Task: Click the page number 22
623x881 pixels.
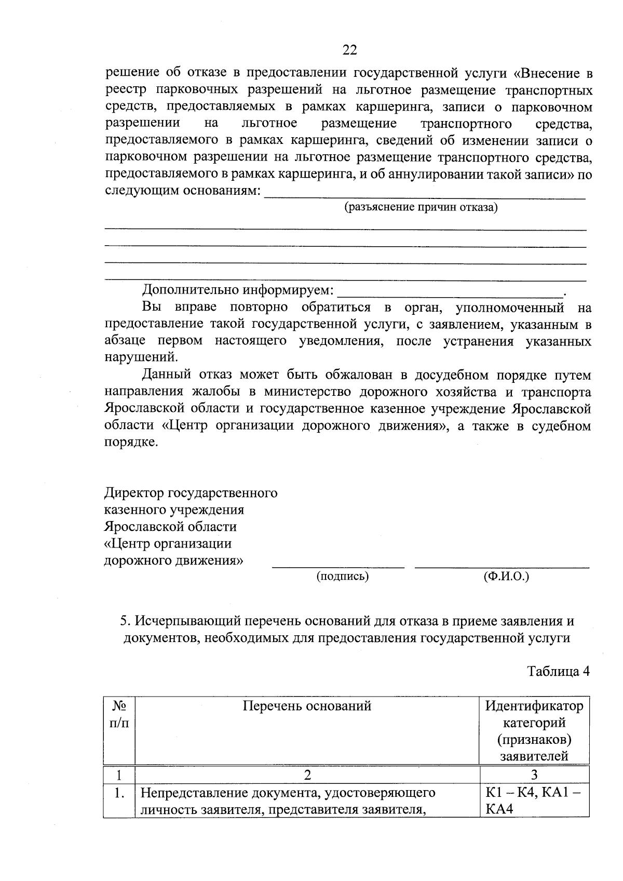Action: (x=349, y=50)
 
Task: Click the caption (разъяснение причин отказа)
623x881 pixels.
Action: (x=421, y=208)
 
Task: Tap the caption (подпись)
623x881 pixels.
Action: (x=343, y=576)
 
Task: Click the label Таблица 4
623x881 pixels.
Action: (x=559, y=671)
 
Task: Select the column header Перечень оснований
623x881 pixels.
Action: (x=307, y=706)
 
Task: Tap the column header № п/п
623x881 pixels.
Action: (x=119, y=714)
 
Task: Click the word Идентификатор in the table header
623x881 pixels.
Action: (x=534, y=706)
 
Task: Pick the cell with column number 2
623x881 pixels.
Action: (x=307, y=775)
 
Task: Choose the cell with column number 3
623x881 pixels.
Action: (x=534, y=775)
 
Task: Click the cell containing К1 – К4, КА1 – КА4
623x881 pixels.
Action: (x=534, y=800)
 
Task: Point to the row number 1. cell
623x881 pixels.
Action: (x=119, y=793)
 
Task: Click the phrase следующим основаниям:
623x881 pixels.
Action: (x=182, y=191)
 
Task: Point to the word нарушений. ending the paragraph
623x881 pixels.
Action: (x=141, y=358)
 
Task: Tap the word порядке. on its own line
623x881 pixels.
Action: (x=130, y=443)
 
